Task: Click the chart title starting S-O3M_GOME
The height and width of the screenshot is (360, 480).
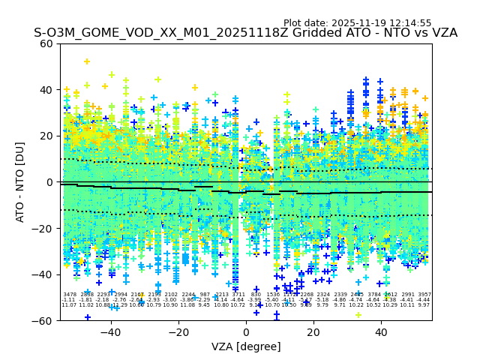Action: pyautogui.click(x=245, y=34)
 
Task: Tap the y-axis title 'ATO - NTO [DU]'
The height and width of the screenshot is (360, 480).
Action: pyautogui.click(x=21, y=182)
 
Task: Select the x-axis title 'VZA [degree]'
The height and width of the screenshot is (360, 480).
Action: pyautogui.click(x=246, y=346)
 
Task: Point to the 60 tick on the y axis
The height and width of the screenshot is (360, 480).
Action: pyautogui.click(x=46, y=43)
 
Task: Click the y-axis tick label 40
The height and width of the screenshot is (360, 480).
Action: pyautogui.click(x=46, y=90)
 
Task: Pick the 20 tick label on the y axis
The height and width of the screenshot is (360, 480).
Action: pyautogui.click(x=46, y=136)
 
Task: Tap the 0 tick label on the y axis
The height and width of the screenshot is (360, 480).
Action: pyautogui.click(x=50, y=182)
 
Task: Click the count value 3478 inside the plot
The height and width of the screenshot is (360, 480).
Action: pyautogui.click(x=69, y=295)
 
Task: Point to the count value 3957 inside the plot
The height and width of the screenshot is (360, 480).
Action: pyautogui.click(x=424, y=295)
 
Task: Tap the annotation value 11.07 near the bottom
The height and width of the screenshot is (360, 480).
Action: pyautogui.click(x=69, y=305)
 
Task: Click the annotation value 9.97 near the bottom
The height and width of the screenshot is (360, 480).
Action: pyautogui.click(x=424, y=305)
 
